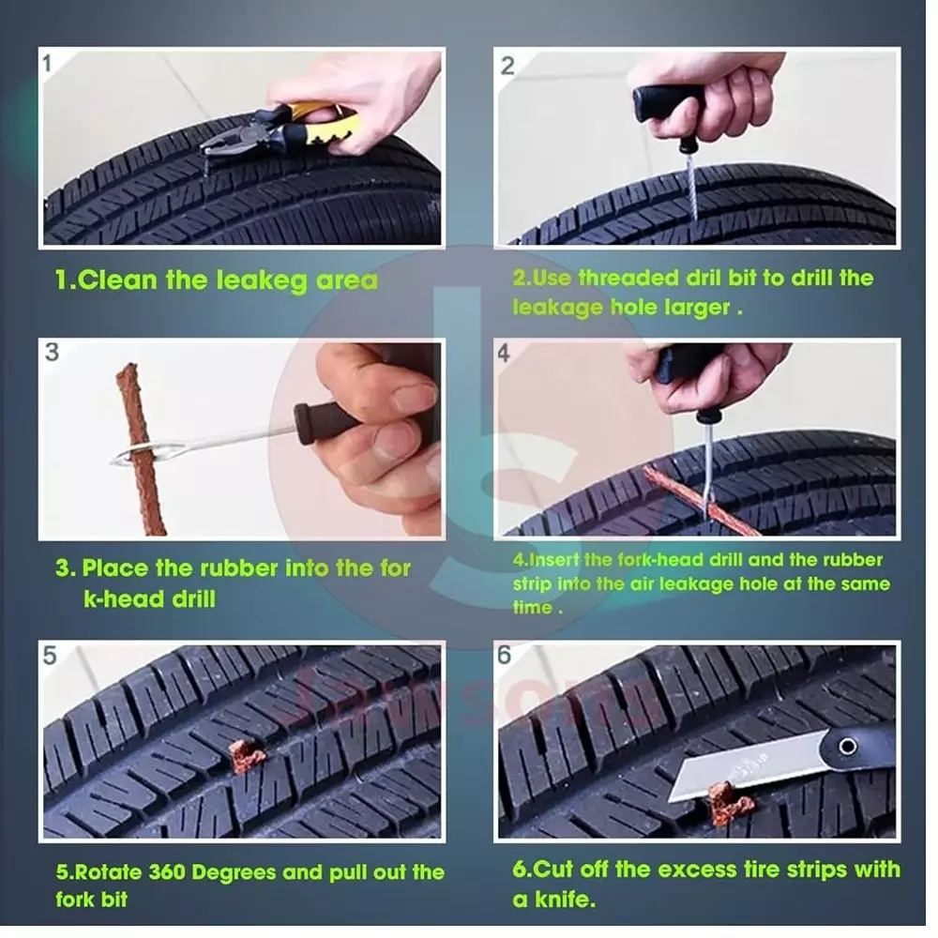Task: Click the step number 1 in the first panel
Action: coord(49,66)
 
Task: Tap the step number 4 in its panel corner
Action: coord(504,354)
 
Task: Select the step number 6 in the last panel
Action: coord(504,655)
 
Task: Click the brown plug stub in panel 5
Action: coord(247,754)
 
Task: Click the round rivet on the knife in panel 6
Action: coord(848,747)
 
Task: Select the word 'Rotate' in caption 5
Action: coord(105,872)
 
